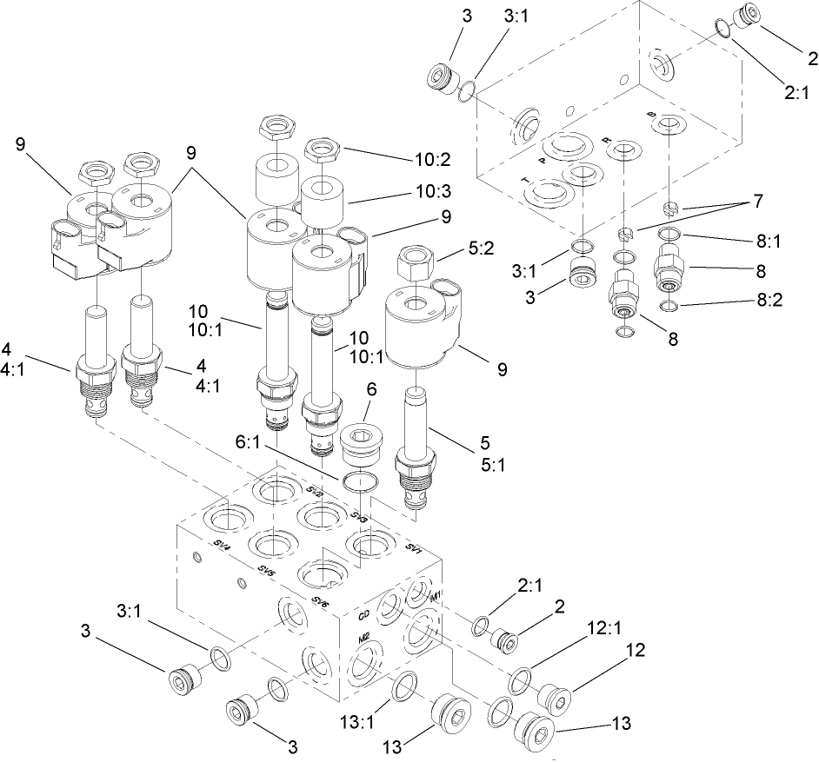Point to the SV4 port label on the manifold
coord(222,547)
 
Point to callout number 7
coord(757,202)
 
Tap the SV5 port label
coord(267,573)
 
